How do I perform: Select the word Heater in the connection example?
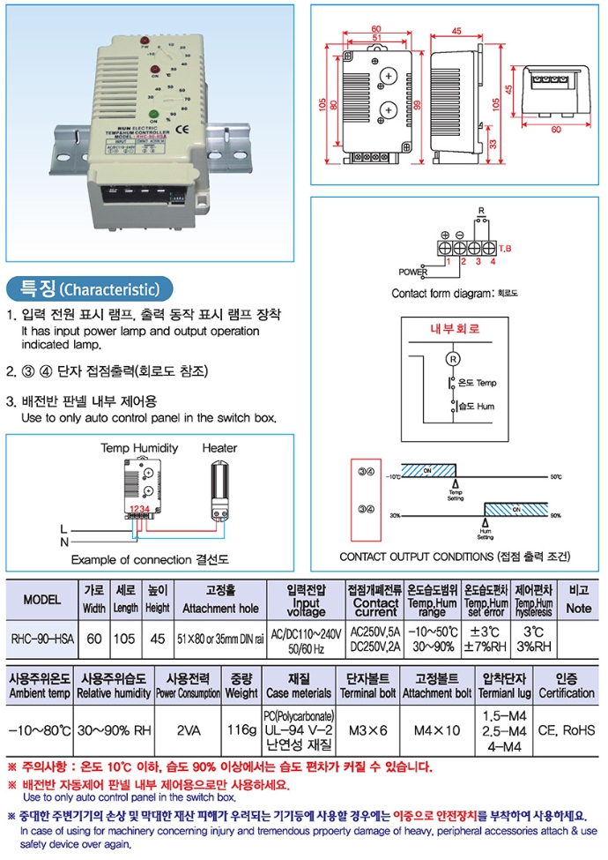coord(219,448)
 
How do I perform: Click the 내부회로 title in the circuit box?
coord(454,329)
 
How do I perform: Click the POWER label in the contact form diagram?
coord(412,272)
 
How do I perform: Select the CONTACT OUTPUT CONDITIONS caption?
coord(455,557)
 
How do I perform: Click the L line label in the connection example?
coord(63,527)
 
